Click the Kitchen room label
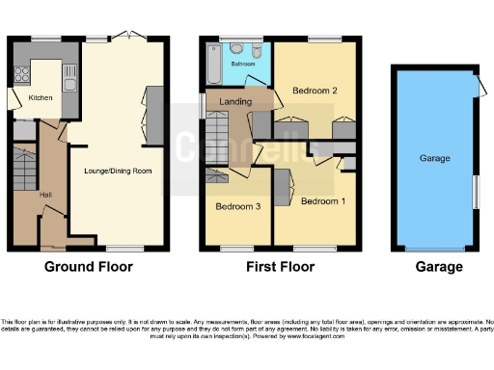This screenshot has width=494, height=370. pyautogui.click(x=41, y=97)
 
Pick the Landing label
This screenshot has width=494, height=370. pyautogui.click(x=235, y=101)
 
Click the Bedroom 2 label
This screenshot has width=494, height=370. pyautogui.click(x=315, y=92)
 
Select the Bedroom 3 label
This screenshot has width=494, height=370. pyautogui.click(x=236, y=206)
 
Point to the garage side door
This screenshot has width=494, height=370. pyautogui.click(x=476, y=88)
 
